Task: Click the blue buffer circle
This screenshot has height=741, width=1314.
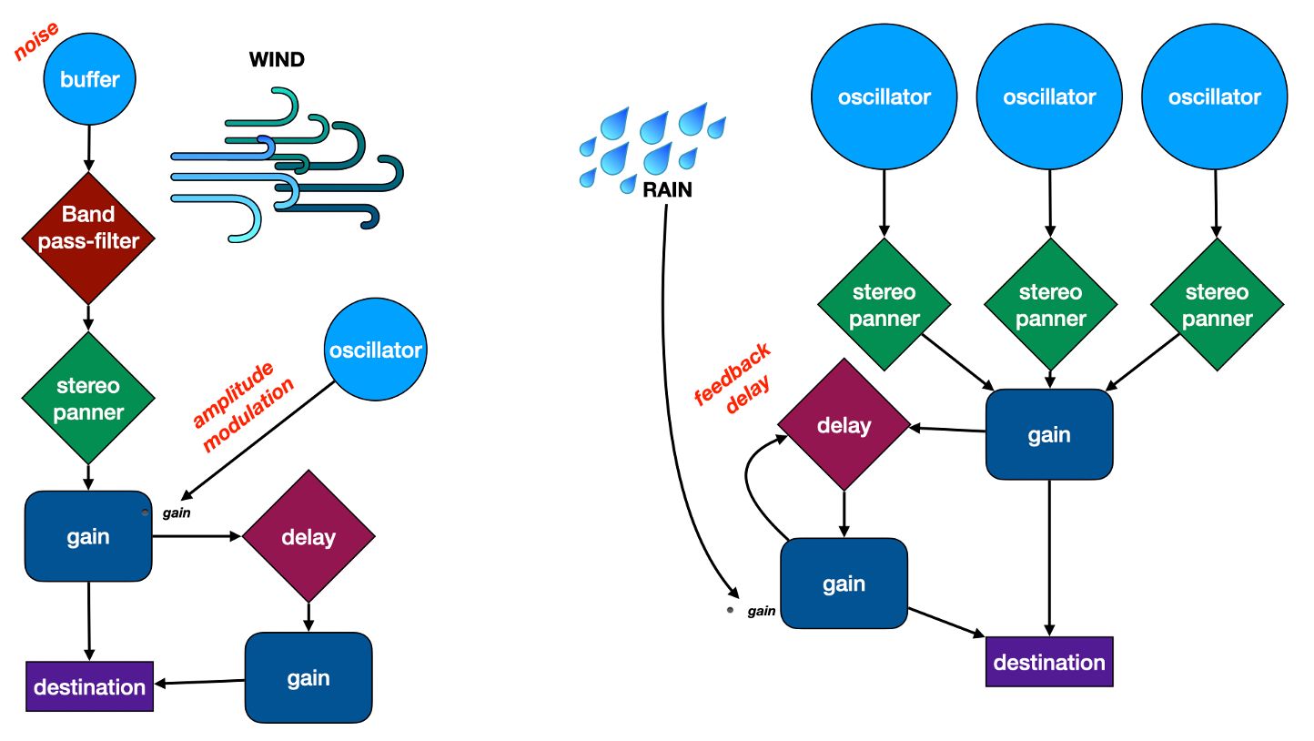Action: (89, 79)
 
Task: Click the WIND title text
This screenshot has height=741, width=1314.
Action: (277, 61)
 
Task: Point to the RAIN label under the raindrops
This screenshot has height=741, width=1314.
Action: (667, 190)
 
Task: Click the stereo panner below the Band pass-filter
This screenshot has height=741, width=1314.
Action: (88, 399)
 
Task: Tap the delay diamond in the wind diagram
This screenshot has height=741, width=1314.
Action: (308, 536)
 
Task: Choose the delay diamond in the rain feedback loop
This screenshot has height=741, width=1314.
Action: (844, 425)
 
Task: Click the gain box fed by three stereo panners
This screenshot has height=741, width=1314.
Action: (1049, 434)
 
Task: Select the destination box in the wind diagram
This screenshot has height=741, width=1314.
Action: (89, 686)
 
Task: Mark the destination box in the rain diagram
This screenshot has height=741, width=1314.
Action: (1049, 662)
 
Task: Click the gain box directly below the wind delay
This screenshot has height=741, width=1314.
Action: (308, 677)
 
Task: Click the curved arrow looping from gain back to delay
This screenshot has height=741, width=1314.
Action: (752, 482)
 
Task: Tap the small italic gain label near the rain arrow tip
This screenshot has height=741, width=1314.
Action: (761, 611)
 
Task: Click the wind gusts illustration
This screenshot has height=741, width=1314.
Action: (287, 164)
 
